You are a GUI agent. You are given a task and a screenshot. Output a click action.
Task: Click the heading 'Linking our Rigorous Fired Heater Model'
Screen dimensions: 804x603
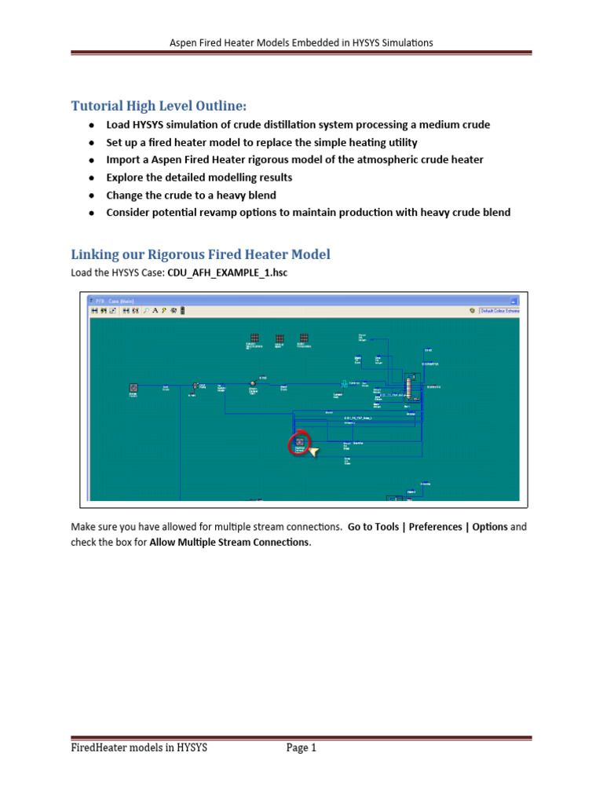click(x=201, y=254)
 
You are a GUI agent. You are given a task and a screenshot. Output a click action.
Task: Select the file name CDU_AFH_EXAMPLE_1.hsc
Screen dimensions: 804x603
click(x=222, y=272)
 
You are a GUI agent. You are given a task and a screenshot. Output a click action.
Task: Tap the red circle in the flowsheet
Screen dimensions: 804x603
click(x=298, y=444)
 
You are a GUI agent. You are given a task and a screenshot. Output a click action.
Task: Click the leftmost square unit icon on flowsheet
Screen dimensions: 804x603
click(x=133, y=387)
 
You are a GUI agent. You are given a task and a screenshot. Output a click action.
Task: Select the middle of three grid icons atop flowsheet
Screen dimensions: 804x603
click(x=279, y=338)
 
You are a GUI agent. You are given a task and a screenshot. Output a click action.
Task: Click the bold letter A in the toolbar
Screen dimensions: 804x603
click(x=155, y=311)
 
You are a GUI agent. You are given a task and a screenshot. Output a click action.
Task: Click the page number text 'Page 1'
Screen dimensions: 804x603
click(x=301, y=748)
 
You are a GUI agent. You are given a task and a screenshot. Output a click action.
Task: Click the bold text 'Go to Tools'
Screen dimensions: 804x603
click(x=373, y=527)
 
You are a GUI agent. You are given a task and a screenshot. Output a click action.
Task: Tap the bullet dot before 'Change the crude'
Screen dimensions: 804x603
click(x=92, y=196)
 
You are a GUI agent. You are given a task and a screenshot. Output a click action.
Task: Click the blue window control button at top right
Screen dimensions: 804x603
click(x=513, y=299)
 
